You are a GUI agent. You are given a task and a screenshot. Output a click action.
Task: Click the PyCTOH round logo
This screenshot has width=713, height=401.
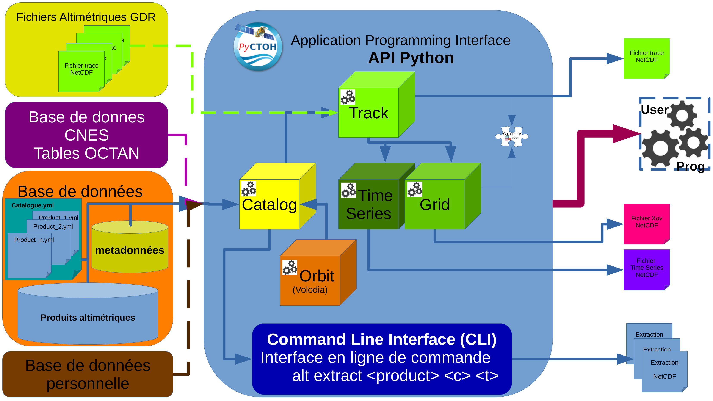click(258, 47)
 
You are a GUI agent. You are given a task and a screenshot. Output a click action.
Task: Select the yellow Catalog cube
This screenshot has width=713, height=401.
click(269, 204)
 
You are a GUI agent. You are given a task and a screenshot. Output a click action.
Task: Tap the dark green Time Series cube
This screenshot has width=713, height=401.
click(368, 204)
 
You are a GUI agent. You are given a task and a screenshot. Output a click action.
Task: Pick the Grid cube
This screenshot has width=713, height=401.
click(435, 204)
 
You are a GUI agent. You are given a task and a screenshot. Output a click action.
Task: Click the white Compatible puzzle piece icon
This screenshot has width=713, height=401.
click(511, 136)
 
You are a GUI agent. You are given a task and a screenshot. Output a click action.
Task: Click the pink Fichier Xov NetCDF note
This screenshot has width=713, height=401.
click(646, 224)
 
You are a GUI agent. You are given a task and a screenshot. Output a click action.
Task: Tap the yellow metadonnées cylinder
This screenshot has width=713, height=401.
click(130, 250)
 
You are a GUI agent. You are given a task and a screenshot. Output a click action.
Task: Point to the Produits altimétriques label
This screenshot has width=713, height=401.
click(88, 317)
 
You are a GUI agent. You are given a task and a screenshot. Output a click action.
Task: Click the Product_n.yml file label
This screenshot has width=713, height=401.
click(34, 240)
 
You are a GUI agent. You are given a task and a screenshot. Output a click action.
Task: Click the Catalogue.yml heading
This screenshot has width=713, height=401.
click(32, 205)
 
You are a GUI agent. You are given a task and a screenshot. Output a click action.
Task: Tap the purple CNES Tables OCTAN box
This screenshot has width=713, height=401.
click(86, 135)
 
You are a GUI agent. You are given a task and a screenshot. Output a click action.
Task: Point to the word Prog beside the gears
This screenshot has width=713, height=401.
click(690, 166)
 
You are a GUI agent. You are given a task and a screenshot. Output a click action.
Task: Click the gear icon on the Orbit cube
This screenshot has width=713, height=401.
click(290, 267)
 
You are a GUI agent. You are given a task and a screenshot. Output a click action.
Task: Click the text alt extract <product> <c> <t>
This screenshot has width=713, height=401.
click(395, 376)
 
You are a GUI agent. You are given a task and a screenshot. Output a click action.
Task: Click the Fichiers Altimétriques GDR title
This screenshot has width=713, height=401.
click(86, 17)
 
